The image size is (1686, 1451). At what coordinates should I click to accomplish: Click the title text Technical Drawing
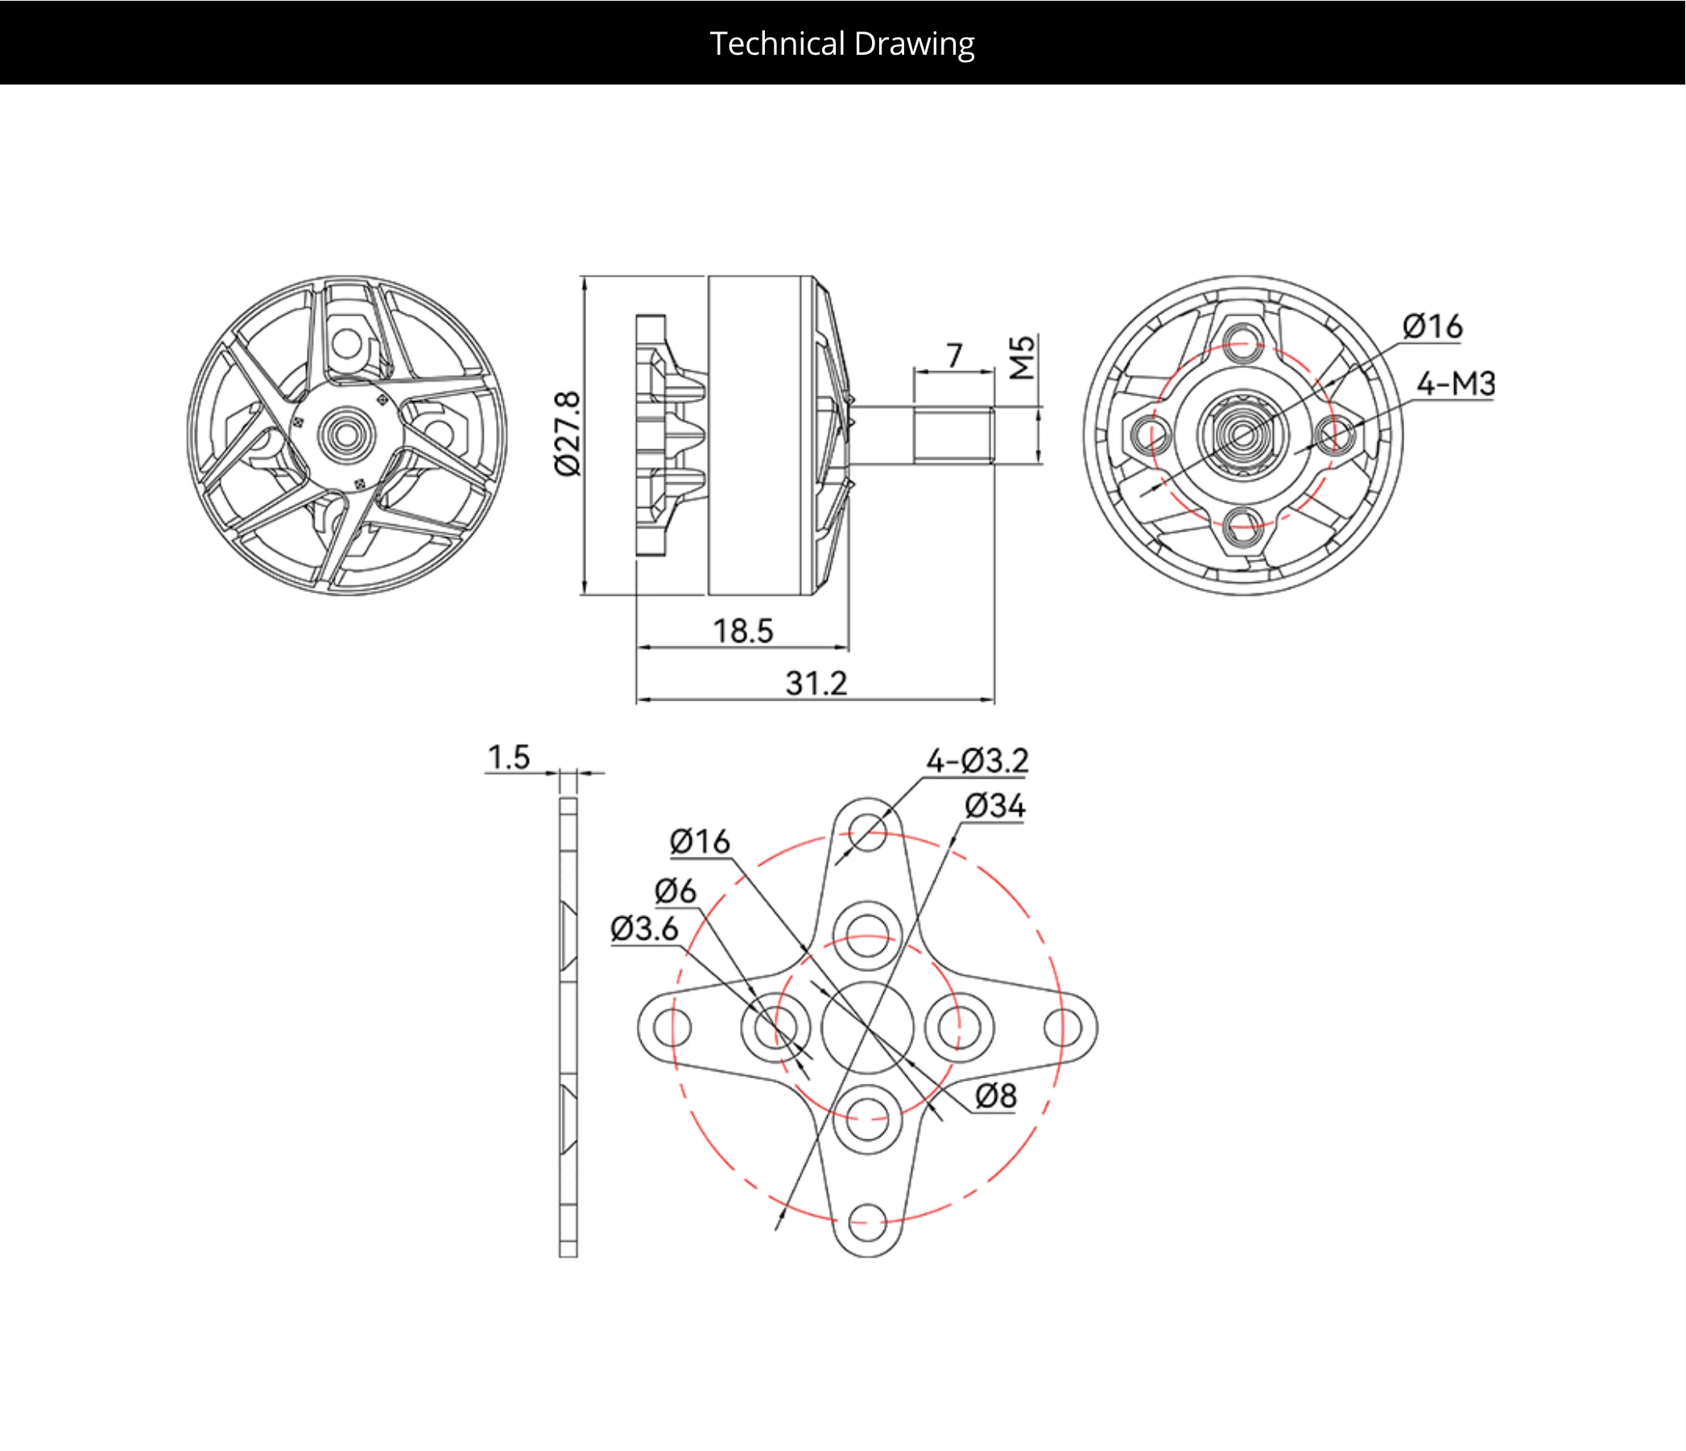(842, 44)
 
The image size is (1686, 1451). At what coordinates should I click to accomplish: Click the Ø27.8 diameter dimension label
(568, 434)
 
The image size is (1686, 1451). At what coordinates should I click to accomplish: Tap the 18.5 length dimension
(743, 630)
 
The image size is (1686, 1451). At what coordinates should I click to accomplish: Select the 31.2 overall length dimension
(816, 683)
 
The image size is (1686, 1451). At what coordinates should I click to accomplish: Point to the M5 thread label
(1022, 358)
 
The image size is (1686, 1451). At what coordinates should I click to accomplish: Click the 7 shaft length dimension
(954, 355)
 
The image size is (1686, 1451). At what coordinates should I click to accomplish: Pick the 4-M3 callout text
(1456, 383)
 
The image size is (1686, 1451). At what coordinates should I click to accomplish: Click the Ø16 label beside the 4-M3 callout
(1432, 326)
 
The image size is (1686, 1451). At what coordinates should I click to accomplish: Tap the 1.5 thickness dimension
(509, 757)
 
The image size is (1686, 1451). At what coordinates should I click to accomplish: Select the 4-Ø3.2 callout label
(977, 760)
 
